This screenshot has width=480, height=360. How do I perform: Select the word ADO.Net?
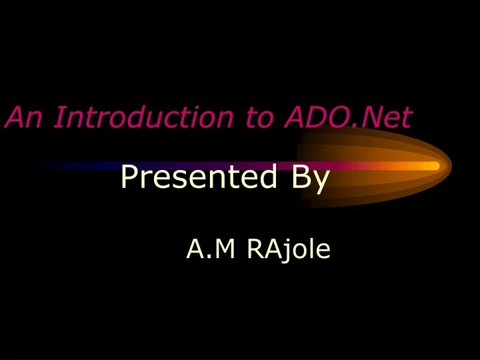pos(348,117)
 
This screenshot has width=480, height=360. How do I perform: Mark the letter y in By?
pos(319,181)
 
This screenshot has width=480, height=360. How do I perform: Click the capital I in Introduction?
pos(60,117)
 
